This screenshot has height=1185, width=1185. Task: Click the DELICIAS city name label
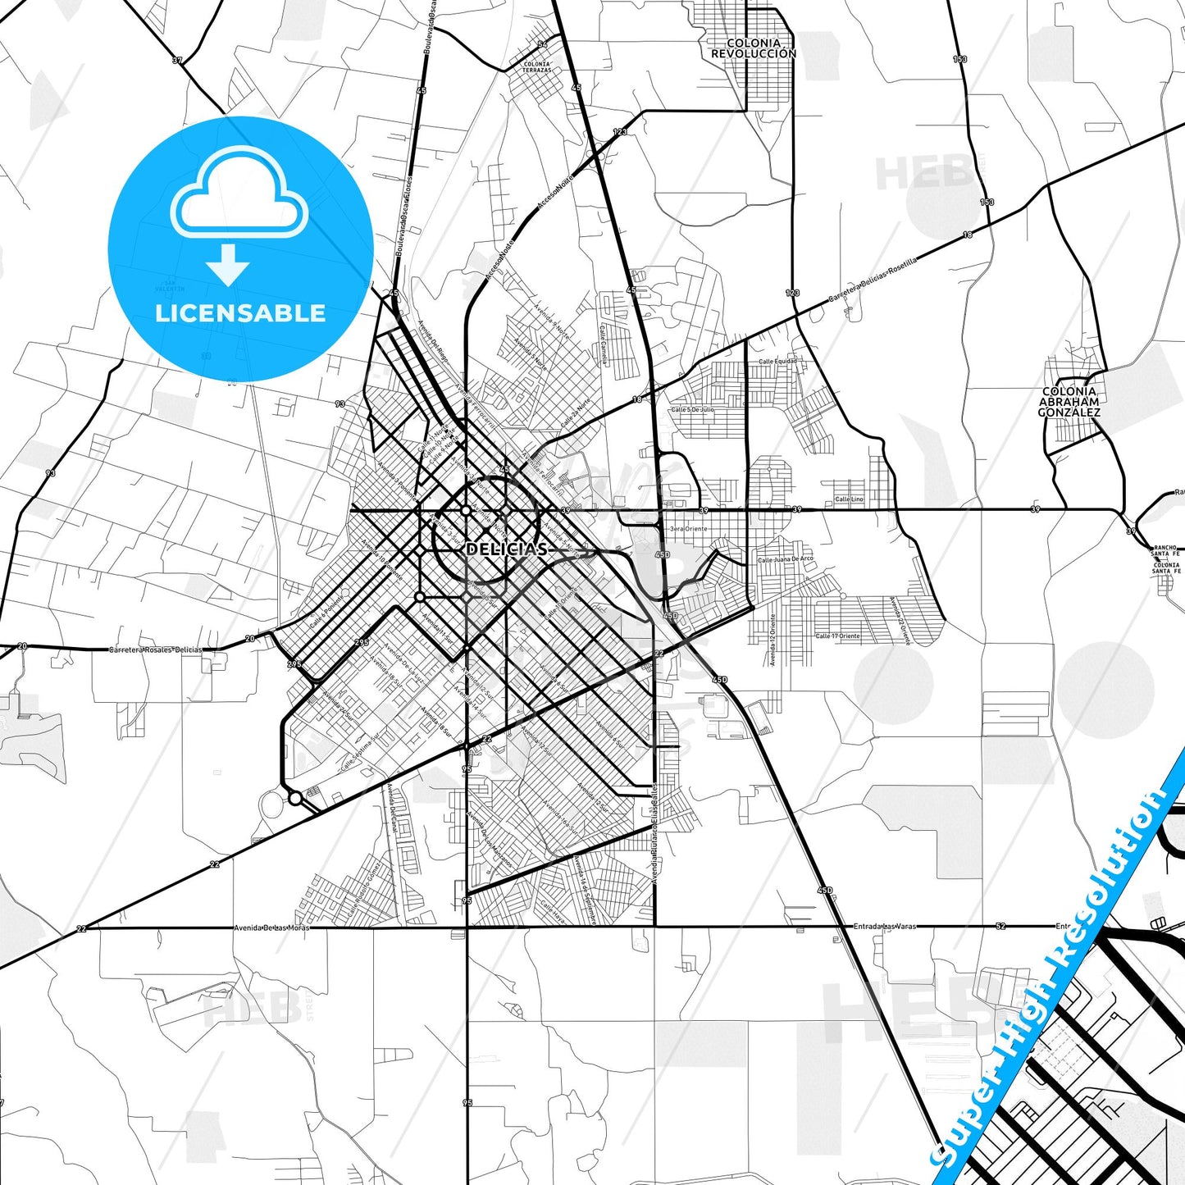(x=506, y=549)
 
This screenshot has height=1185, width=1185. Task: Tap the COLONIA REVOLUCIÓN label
(x=753, y=48)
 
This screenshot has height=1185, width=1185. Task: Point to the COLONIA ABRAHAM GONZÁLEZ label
(x=1069, y=403)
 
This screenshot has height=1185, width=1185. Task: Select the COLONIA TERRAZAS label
(x=537, y=67)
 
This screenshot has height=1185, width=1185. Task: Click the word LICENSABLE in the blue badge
(x=240, y=313)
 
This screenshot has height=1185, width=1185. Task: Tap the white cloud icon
(x=239, y=194)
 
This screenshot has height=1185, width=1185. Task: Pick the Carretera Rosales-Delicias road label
(x=155, y=649)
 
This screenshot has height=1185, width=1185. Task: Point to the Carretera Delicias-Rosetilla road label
(x=872, y=280)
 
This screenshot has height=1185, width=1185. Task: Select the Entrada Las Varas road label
(x=885, y=927)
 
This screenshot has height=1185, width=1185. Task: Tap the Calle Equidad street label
(x=777, y=362)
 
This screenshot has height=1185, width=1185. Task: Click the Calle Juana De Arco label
(x=785, y=560)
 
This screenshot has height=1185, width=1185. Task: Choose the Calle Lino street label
(x=849, y=499)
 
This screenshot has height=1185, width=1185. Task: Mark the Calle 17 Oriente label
(x=837, y=636)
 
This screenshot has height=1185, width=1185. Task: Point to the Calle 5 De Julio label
(x=692, y=409)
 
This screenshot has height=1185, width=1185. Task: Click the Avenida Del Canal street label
(x=393, y=808)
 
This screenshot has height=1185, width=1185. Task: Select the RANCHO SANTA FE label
(x=1164, y=550)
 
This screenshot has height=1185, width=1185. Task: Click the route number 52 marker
(x=1000, y=927)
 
